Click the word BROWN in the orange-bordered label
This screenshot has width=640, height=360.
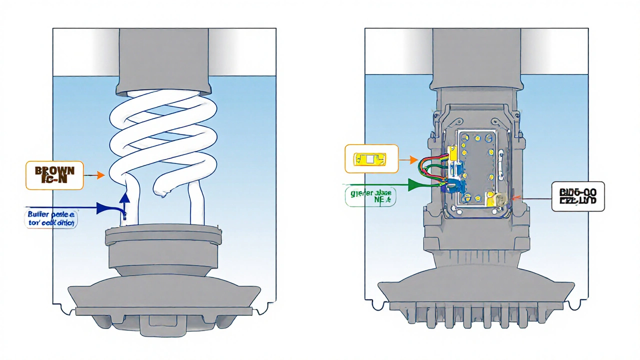pyautogui.click(x=54, y=170)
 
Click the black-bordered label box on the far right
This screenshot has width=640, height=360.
pyautogui.click(x=577, y=195)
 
